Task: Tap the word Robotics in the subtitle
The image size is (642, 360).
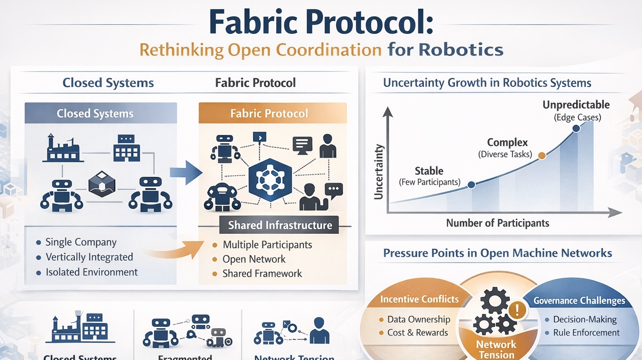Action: point(461,50)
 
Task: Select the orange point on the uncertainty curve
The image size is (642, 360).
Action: point(542,156)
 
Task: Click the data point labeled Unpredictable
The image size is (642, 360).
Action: point(576,128)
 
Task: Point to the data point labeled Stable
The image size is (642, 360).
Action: point(471,184)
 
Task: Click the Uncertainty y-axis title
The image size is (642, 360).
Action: point(379,172)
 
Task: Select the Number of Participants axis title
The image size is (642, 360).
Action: point(497,223)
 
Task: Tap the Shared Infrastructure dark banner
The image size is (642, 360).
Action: point(280,225)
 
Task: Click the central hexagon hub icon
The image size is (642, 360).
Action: point(270,180)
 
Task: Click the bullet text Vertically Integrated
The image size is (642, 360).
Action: point(89,257)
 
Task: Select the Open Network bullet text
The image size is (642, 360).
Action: point(254,259)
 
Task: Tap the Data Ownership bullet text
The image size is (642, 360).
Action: point(418,319)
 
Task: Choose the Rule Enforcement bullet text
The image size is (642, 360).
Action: point(586,333)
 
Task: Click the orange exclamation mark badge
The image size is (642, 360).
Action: point(517,310)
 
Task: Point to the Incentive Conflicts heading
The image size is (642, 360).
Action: point(419,299)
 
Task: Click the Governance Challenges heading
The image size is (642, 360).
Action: point(579,301)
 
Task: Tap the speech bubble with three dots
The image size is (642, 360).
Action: point(334,189)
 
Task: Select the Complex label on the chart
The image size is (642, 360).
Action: point(507,143)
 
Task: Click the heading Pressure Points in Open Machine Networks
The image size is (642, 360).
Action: point(497,253)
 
